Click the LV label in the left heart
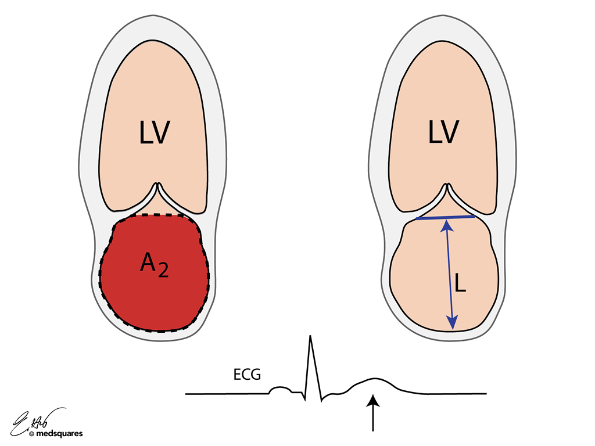(x=154, y=133)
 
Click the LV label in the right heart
(x=443, y=133)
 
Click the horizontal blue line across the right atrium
(x=446, y=218)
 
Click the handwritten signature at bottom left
(x=38, y=418)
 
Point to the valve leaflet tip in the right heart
(x=446, y=186)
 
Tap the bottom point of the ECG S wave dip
(x=321, y=401)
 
